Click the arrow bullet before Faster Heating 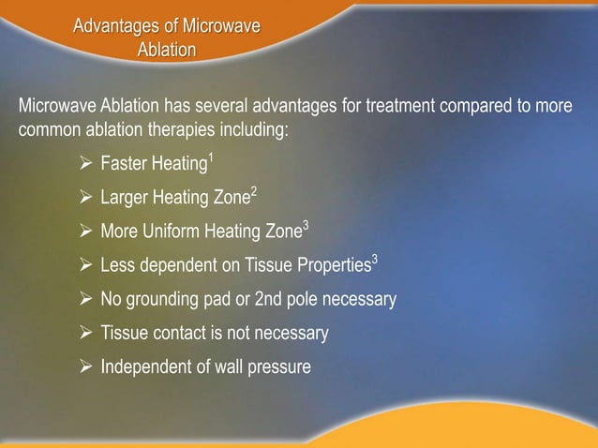coord(87,166)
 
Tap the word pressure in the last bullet coord(277,366)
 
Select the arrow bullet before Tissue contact coord(87,333)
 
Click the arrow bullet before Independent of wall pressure coord(87,366)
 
